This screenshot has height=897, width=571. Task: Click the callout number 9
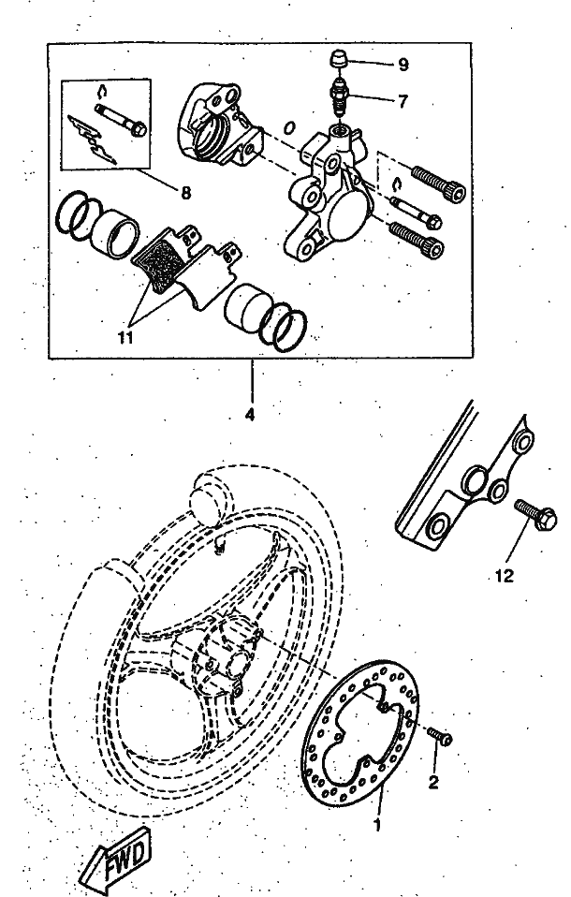tap(403, 65)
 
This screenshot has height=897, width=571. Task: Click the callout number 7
tap(403, 102)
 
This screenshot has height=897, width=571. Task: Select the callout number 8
tap(185, 194)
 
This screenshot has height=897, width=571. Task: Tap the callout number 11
tap(125, 337)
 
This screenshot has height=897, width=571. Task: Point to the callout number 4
tap(249, 414)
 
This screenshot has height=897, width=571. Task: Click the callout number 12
tap(504, 576)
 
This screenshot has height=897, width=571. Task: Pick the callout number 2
tap(433, 782)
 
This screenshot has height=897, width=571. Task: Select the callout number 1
tap(376, 825)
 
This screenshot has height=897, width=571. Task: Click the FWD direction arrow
tap(115, 859)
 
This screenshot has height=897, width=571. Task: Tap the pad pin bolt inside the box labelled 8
tap(120, 119)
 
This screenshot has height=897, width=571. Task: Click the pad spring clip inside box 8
tap(92, 140)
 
